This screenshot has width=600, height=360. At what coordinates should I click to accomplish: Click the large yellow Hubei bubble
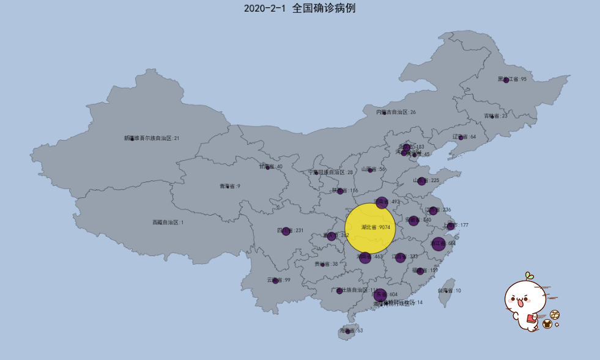tap(370, 228)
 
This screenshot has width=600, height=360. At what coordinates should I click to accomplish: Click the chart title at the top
tap(300, 8)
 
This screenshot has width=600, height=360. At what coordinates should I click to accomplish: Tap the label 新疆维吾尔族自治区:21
tap(152, 138)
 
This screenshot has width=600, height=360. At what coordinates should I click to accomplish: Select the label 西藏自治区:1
tap(168, 222)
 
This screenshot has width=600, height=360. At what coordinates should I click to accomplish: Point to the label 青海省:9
tap(230, 186)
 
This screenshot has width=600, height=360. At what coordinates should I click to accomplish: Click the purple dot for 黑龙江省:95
tap(506, 80)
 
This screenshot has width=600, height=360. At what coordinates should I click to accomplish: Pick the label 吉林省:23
tap(496, 116)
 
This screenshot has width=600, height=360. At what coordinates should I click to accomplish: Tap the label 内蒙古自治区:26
tap(396, 112)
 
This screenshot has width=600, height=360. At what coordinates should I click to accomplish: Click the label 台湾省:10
tap(449, 291)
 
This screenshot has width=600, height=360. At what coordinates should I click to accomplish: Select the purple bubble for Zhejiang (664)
tap(438, 243)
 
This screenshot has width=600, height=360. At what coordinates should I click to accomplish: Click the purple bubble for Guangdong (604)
tap(380, 295)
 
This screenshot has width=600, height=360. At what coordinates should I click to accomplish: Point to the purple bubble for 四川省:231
tap(286, 231)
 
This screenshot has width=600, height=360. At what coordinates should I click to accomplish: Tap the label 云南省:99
tap(279, 280)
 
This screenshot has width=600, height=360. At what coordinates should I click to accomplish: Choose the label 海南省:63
tap(351, 331)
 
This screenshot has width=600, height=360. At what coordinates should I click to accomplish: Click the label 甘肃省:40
tap(270, 166)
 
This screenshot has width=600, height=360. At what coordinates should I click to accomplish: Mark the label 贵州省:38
tap(326, 264)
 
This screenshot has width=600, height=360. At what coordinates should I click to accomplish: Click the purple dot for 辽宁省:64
tap(461, 138)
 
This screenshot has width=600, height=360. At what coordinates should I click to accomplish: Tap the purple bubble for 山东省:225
tap(421, 181)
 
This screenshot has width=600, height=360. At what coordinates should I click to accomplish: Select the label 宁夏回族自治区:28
tap(330, 172)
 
